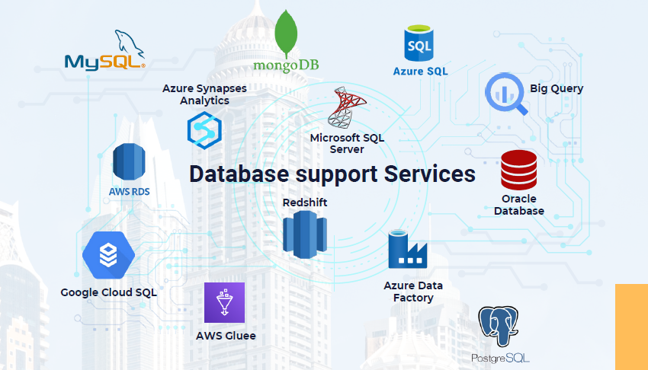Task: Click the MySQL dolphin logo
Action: [105, 50]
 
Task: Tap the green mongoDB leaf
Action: [286, 33]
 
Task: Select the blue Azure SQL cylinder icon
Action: [419, 43]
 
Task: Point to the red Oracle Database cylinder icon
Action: [519, 170]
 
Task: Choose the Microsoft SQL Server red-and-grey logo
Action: [346, 107]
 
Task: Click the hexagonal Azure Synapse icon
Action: [204, 131]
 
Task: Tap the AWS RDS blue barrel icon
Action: [129, 161]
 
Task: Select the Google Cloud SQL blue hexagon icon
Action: [108, 255]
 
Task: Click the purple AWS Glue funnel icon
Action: [224, 302]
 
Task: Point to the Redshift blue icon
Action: [305, 234]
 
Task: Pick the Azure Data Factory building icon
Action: [407, 250]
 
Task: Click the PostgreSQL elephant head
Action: [499, 326]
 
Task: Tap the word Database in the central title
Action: [239, 174]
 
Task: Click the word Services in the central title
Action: [430, 174]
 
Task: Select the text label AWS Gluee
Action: [226, 336]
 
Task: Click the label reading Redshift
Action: [305, 203]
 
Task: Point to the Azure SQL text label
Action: [420, 72]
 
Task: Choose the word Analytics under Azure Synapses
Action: [204, 100]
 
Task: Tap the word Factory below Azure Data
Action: [413, 298]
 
